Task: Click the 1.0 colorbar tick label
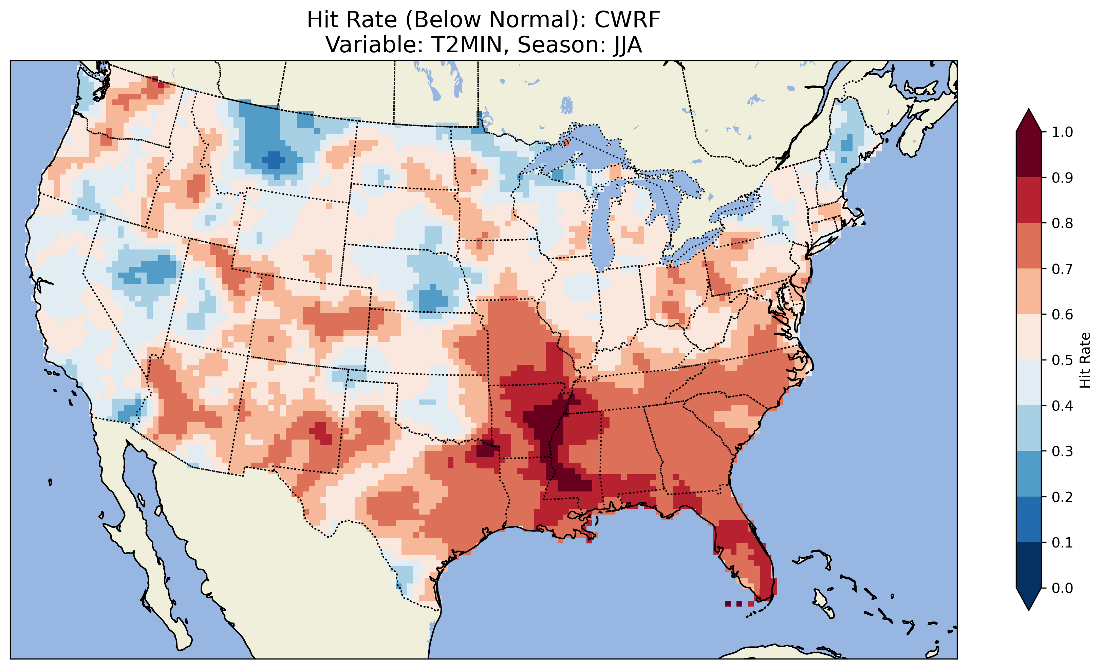pyautogui.click(x=1062, y=132)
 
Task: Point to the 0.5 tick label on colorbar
pyautogui.click(x=1062, y=360)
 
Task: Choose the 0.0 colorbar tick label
pyautogui.click(x=1062, y=588)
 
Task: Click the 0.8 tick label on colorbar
pyautogui.click(x=1062, y=223)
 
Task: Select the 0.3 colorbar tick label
pyautogui.click(x=1062, y=451)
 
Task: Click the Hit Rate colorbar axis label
pyautogui.click(x=1085, y=360)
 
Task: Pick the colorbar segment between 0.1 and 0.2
pyautogui.click(x=1029, y=519)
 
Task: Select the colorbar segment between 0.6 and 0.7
pyautogui.click(x=1029, y=292)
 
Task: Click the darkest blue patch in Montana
pyautogui.click(x=274, y=160)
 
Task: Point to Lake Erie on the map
pyautogui.click(x=689, y=251)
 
